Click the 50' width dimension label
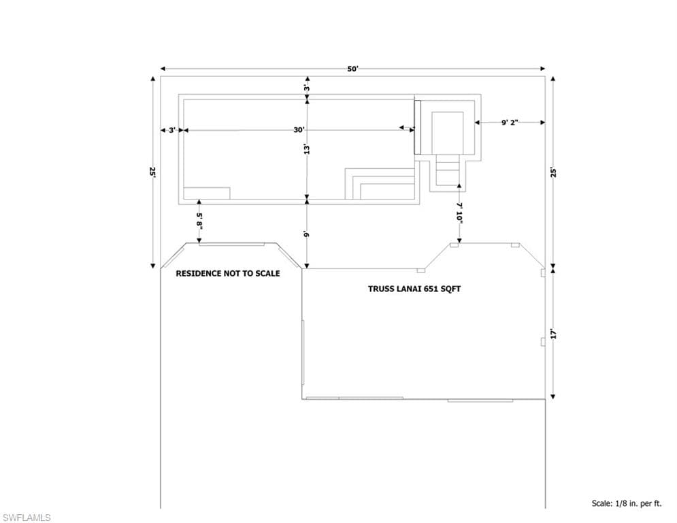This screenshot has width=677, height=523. pyautogui.click(x=352, y=69)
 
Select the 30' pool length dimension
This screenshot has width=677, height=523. pyautogui.click(x=299, y=129)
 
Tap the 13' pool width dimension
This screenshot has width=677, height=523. pyautogui.click(x=307, y=149)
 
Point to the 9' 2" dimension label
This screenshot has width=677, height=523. pyautogui.click(x=510, y=123)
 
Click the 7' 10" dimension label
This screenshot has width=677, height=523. pyautogui.click(x=459, y=213)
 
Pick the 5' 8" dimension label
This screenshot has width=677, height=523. pyautogui.click(x=199, y=220)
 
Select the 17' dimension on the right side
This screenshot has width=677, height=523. pyautogui.click(x=553, y=334)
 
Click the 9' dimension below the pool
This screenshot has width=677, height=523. pyautogui.click(x=307, y=234)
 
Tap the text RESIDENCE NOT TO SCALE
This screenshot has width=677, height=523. pyautogui.click(x=227, y=273)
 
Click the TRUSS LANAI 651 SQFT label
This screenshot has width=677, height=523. pyautogui.click(x=414, y=289)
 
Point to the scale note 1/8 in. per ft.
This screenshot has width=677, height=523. pyautogui.click(x=626, y=503)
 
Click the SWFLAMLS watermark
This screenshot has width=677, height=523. pyautogui.click(x=27, y=518)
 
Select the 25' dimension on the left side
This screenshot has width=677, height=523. pyautogui.click(x=152, y=172)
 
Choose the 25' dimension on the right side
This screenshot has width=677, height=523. pyautogui.click(x=553, y=172)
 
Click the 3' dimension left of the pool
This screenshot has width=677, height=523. pyautogui.click(x=172, y=129)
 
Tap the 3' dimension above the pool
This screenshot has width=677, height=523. pyautogui.click(x=307, y=88)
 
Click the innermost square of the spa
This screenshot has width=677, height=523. pyautogui.click(x=448, y=133)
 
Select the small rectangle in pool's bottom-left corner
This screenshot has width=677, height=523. pyautogui.click(x=207, y=193)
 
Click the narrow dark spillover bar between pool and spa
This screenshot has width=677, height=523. pyautogui.click(x=417, y=127)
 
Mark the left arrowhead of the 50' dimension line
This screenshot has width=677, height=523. pyautogui.click(x=163, y=68)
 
